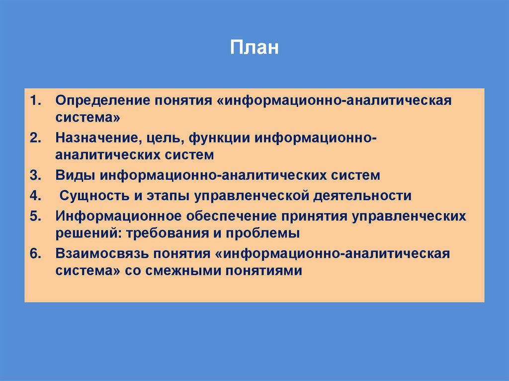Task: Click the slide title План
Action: (x=254, y=49)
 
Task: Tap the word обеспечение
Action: (x=231, y=217)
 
